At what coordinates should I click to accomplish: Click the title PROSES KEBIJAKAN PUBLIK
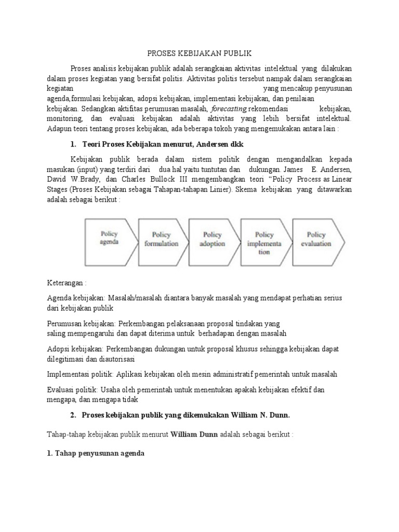tap(199, 54)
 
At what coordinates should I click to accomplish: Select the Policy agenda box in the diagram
tap(110, 238)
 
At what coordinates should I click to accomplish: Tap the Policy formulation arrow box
tap(162, 238)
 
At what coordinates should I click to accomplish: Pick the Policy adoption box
tap(212, 238)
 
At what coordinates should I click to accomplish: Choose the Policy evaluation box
tap(317, 238)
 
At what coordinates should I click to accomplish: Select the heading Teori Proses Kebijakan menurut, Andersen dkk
tap(156, 143)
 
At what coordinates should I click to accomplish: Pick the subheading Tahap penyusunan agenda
tap(96, 453)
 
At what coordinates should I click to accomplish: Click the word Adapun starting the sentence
tap(61, 128)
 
